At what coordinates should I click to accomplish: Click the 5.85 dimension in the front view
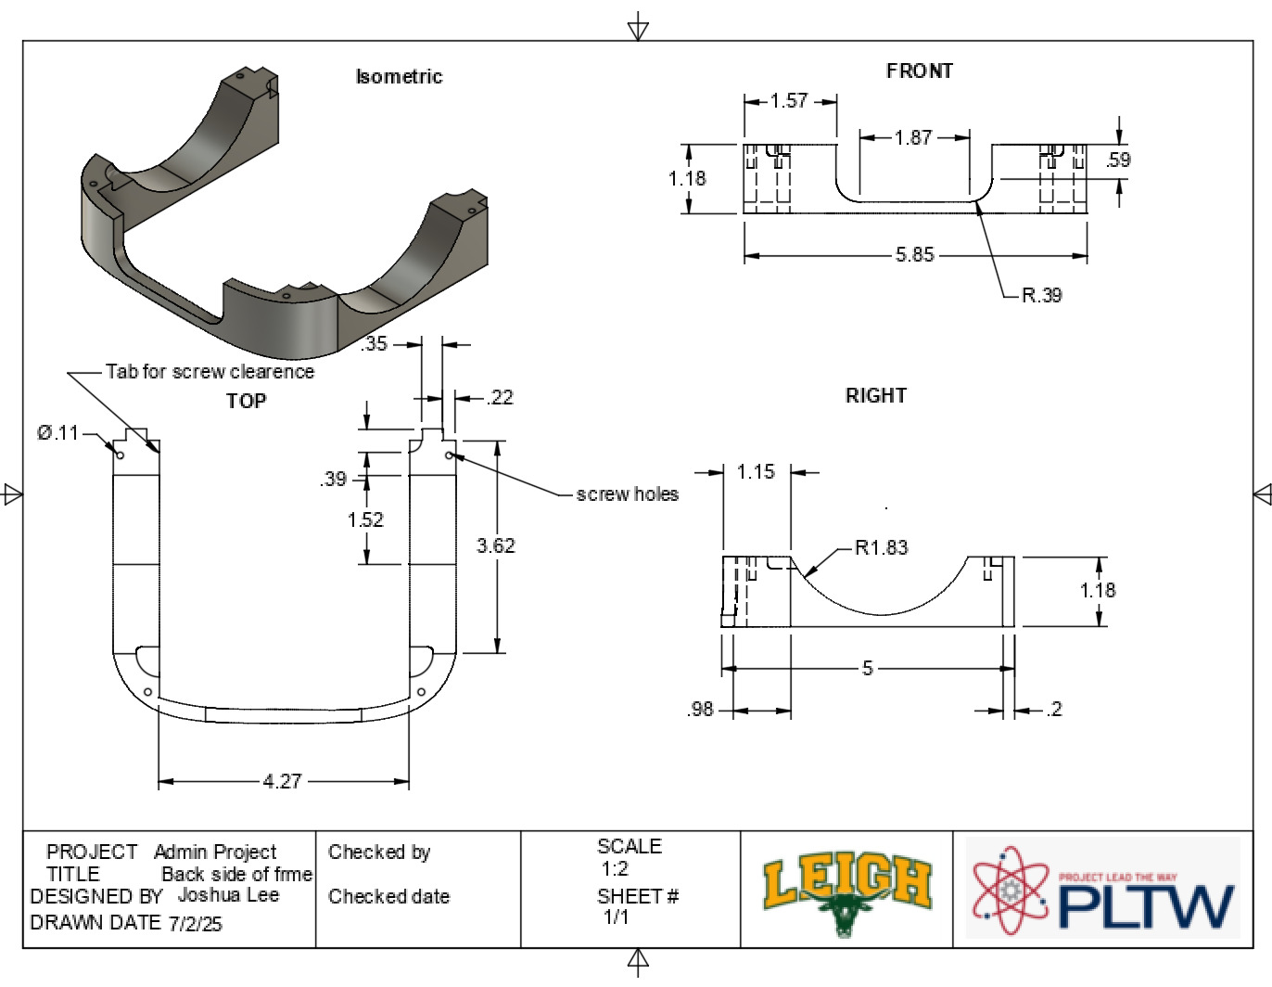point(914,254)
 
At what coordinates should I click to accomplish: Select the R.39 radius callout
point(1041,295)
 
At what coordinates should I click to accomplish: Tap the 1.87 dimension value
point(913,137)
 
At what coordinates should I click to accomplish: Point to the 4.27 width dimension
point(282,781)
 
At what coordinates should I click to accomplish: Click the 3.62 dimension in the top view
point(495,545)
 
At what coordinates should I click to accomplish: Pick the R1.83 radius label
point(881,547)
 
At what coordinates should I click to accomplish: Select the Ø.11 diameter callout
point(58,432)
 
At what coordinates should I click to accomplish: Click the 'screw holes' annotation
point(628,494)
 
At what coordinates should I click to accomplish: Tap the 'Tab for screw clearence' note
point(210,371)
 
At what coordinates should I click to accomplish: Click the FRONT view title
point(919,71)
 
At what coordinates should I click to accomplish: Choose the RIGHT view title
point(875,395)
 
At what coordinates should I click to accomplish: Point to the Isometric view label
point(399,77)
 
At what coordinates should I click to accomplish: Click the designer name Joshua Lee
point(228,895)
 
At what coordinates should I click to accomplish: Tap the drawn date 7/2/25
point(196,924)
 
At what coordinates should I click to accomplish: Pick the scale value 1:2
point(615,869)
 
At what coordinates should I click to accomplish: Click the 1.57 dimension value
point(789,100)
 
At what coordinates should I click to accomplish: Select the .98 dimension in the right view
point(701,710)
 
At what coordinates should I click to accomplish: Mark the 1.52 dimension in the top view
point(365,519)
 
